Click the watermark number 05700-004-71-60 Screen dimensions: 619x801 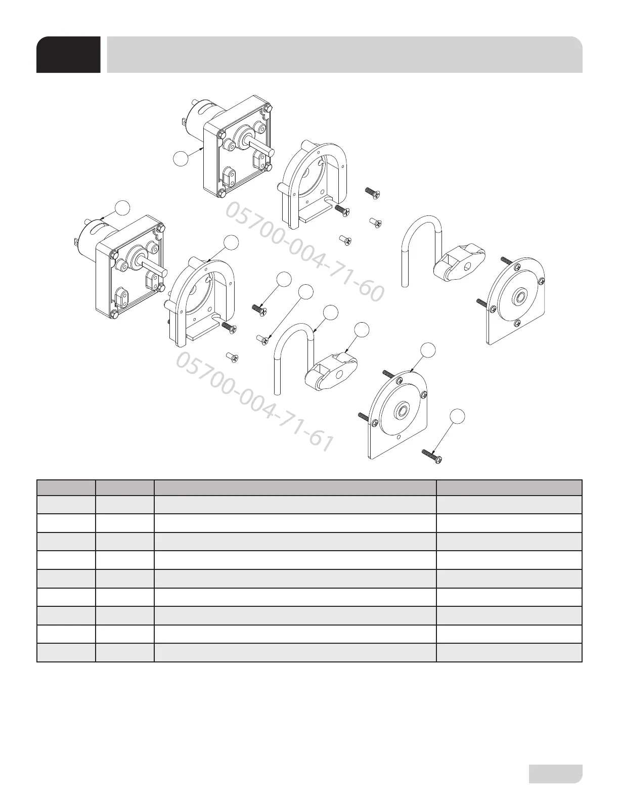303,251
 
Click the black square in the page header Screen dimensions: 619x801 68,55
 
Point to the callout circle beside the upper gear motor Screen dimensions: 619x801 181,158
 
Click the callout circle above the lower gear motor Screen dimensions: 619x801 122,207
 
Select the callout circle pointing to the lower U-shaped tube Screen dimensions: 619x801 330,312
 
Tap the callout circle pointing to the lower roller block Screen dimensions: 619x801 362,330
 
